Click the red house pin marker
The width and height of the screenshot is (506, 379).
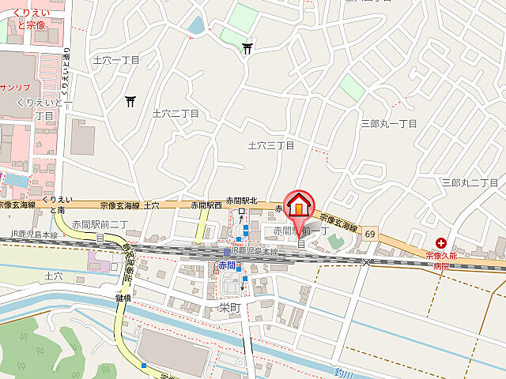point(299,205)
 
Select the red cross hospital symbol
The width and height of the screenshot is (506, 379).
point(440,245)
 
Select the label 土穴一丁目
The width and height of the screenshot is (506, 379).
point(116,60)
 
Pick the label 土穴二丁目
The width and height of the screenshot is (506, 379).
point(176,114)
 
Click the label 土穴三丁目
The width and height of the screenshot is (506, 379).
point(271,145)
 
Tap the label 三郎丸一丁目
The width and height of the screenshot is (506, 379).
point(389,124)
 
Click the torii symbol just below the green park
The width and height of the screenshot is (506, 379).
point(248,49)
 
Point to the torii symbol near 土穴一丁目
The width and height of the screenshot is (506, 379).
point(130,100)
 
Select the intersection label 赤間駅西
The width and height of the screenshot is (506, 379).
point(204,205)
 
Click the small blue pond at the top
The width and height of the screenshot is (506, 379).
point(196,25)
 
